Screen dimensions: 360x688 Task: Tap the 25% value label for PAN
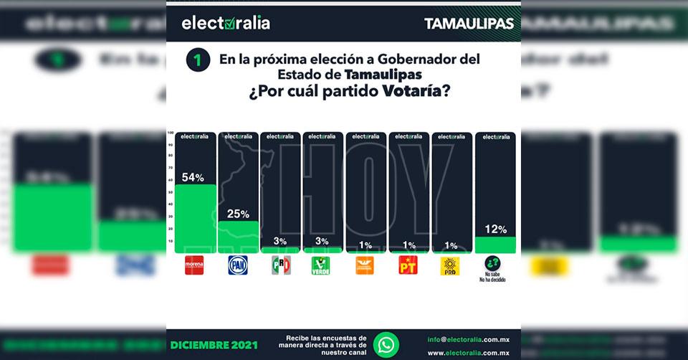[239, 214]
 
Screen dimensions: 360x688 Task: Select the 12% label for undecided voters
[496, 229]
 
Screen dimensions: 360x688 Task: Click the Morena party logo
[194, 265]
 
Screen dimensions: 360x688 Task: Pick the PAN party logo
[238, 265]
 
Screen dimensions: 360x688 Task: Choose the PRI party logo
[281, 265]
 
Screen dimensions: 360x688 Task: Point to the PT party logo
[408, 265]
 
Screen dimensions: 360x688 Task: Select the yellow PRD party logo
[450, 265]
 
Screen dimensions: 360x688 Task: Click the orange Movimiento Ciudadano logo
[365, 265]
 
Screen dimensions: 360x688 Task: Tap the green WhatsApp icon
[386, 344]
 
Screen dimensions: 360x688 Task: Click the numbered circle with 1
[198, 60]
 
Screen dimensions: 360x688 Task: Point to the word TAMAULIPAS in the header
[469, 23]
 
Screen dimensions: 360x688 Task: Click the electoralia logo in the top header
[226, 23]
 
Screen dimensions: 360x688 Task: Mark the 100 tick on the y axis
[171, 134]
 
